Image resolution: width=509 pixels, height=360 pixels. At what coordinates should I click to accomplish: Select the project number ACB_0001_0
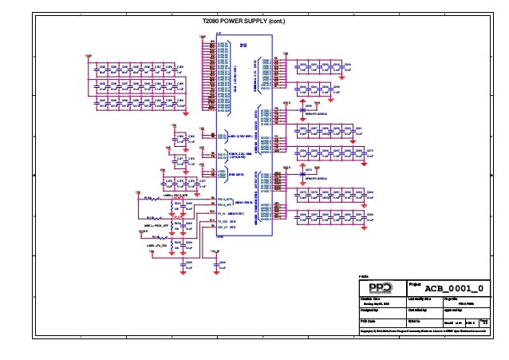[x=453, y=287]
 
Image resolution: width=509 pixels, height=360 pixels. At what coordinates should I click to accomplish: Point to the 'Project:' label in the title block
[x=415, y=283]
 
